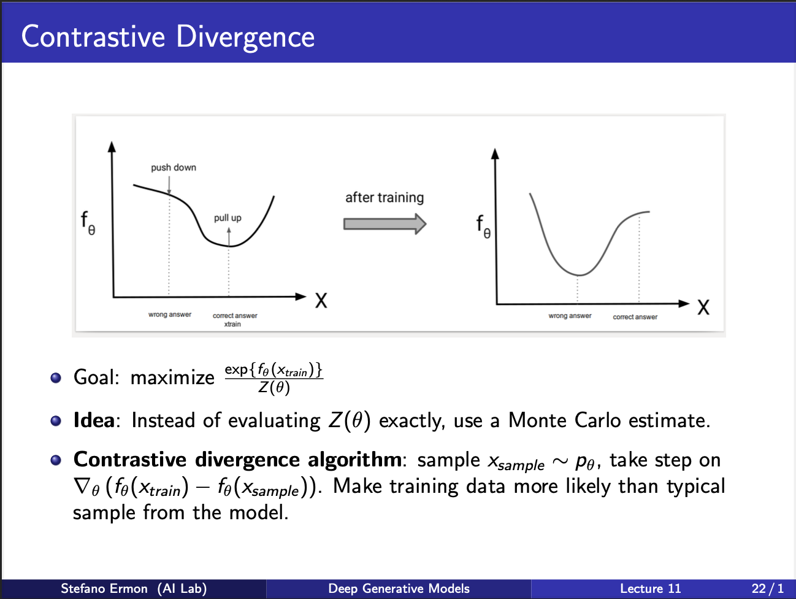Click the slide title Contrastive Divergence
pyautogui.click(x=168, y=37)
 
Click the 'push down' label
pyautogui.click(x=174, y=168)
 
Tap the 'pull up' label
pyautogui.click(x=228, y=218)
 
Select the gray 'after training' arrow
pyautogui.click(x=385, y=224)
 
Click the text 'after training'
pyautogui.click(x=385, y=198)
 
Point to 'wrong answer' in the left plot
pyautogui.click(x=170, y=315)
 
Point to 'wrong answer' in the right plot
pyautogui.click(x=570, y=316)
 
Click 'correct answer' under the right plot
pyautogui.click(x=635, y=317)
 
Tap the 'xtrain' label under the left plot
pyautogui.click(x=232, y=324)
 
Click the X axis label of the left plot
pyautogui.click(x=321, y=301)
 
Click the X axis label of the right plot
pyautogui.click(x=703, y=307)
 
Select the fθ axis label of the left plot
pyautogui.click(x=88, y=223)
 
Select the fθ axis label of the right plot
pyautogui.click(x=484, y=226)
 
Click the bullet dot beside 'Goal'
pyautogui.click(x=56, y=378)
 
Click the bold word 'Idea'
pyautogui.click(x=94, y=420)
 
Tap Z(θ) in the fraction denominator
pyautogui.click(x=274, y=388)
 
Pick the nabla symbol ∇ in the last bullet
pyautogui.click(x=82, y=487)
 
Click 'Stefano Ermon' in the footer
pyautogui.click(x=104, y=589)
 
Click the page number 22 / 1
pyautogui.click(x=767, y=589)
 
